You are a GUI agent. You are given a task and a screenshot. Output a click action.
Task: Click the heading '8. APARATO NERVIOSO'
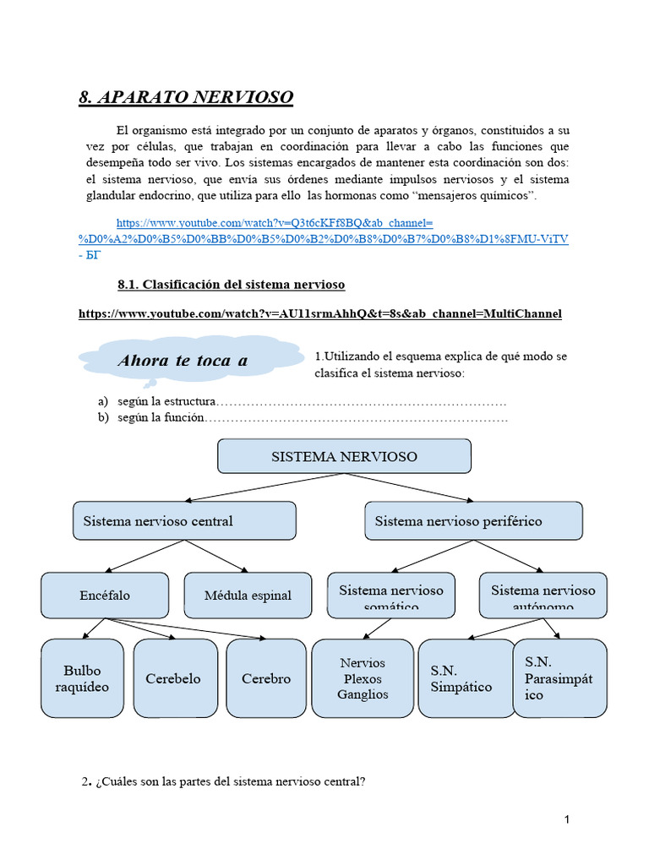(186, 98)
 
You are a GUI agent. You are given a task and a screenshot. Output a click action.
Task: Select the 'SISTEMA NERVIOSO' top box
(344, 456)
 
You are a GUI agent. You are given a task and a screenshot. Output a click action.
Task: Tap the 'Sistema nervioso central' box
(184, 520)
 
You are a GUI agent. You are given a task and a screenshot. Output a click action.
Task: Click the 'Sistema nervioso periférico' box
(473, 520)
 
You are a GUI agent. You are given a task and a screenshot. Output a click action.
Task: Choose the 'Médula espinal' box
(248, 595)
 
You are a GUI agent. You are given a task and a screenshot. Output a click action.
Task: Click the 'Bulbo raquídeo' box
(86, 678)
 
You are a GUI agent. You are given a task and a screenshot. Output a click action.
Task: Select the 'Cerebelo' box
(173, 678)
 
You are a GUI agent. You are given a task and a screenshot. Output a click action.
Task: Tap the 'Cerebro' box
(265, 678)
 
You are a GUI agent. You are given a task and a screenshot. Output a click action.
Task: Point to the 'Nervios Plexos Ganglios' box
(363, 678)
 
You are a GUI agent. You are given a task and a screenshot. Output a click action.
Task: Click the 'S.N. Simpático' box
(466, 678)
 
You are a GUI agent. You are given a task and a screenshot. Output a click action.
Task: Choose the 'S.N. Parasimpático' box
(559, 678)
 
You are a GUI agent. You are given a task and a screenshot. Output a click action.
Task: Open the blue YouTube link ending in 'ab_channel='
(275, 223)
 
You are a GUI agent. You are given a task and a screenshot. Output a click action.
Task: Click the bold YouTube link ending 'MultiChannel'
(319, 313)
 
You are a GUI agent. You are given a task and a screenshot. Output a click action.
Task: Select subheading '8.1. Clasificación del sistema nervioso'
(231, 284)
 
